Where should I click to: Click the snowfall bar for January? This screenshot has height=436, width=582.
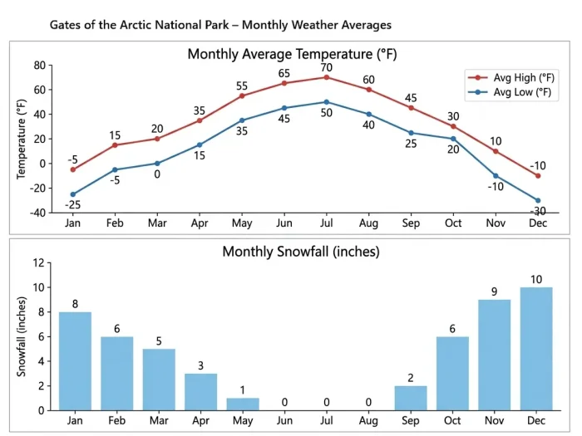tap(75, 361)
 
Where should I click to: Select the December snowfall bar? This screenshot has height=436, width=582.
tap(536, 349)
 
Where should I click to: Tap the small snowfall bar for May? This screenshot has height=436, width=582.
tap(243, 404)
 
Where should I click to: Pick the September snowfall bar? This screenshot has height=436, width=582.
tap(411, 398)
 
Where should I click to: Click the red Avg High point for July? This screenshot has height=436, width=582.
tap(327, 77)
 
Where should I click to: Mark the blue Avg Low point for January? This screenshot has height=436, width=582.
tap(73, 194)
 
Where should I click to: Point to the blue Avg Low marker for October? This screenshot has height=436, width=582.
tap(453, 139)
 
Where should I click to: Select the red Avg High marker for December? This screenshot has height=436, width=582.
tap(538, 175)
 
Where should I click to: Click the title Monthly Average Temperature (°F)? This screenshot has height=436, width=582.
tap(291, 54)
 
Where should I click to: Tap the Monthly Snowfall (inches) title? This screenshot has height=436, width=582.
tap(300, 251)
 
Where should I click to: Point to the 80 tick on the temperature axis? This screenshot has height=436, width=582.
tap(39, 66)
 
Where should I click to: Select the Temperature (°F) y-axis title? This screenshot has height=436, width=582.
tap(22, 139)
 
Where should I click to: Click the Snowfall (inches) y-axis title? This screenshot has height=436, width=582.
tap(22, 336)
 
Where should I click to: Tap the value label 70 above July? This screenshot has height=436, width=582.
tap(326, 66)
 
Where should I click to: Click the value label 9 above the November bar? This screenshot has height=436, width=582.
tap(495, 291)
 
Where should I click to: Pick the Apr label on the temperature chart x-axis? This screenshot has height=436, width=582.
tap(200, 223)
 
